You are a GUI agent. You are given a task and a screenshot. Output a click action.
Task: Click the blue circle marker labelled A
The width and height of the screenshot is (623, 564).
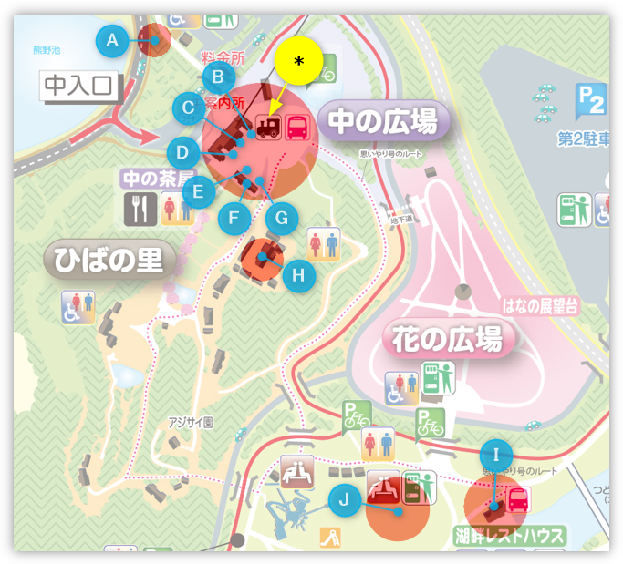tap(112, 40)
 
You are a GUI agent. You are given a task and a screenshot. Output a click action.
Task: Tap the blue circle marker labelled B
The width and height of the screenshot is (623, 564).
tap(219, 77)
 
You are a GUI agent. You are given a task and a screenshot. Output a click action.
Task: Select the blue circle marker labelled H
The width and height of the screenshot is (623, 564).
tap(298, 274)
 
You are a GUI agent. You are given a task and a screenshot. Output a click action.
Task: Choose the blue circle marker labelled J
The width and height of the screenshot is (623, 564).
tap(344, 499)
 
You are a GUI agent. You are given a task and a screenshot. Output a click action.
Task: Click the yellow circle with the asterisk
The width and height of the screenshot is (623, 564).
tap(298, 61)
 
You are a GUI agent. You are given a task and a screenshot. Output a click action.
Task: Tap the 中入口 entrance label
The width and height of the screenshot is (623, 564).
tap(80, 87)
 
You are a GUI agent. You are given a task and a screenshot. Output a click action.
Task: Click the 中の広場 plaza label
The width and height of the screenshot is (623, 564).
tap(383, 121)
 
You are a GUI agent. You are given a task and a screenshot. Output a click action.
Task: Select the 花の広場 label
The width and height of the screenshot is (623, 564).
tap(448, 340)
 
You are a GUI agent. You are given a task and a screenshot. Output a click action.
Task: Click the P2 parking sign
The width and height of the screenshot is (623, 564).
tap(590, 101)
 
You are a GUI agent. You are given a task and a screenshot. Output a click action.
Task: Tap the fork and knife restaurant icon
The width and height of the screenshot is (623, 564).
tap(140, 210)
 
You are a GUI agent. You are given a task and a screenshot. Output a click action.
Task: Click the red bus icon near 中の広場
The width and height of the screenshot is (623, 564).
tap(297, 128)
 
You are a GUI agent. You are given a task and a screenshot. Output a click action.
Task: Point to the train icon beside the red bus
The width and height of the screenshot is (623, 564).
tap(269, 128)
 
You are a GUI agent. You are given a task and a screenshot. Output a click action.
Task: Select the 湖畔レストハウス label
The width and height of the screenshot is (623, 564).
tap(509, 535)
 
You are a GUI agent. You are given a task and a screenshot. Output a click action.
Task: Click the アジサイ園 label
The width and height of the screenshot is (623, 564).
tap(190, 423)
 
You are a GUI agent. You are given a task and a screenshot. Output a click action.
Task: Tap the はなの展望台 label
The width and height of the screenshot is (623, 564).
tap(540, 307)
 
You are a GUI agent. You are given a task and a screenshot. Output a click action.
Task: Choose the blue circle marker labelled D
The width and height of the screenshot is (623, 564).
tap(182, 151)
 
